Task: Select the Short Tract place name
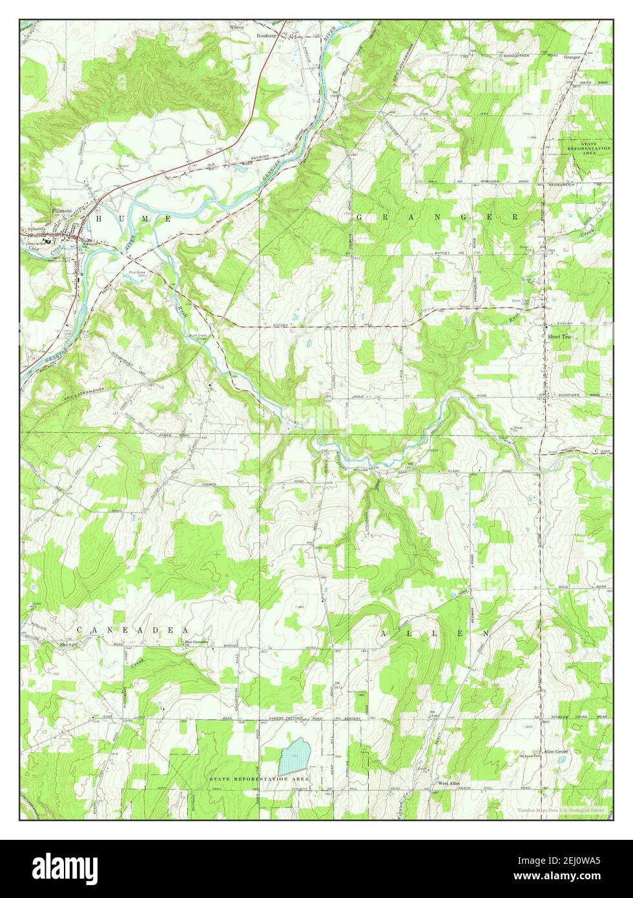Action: tap(560, 337)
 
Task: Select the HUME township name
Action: tap(134, 220)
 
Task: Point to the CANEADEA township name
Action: tap(132, 629)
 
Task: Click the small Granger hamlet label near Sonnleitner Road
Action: tap(572, 57)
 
